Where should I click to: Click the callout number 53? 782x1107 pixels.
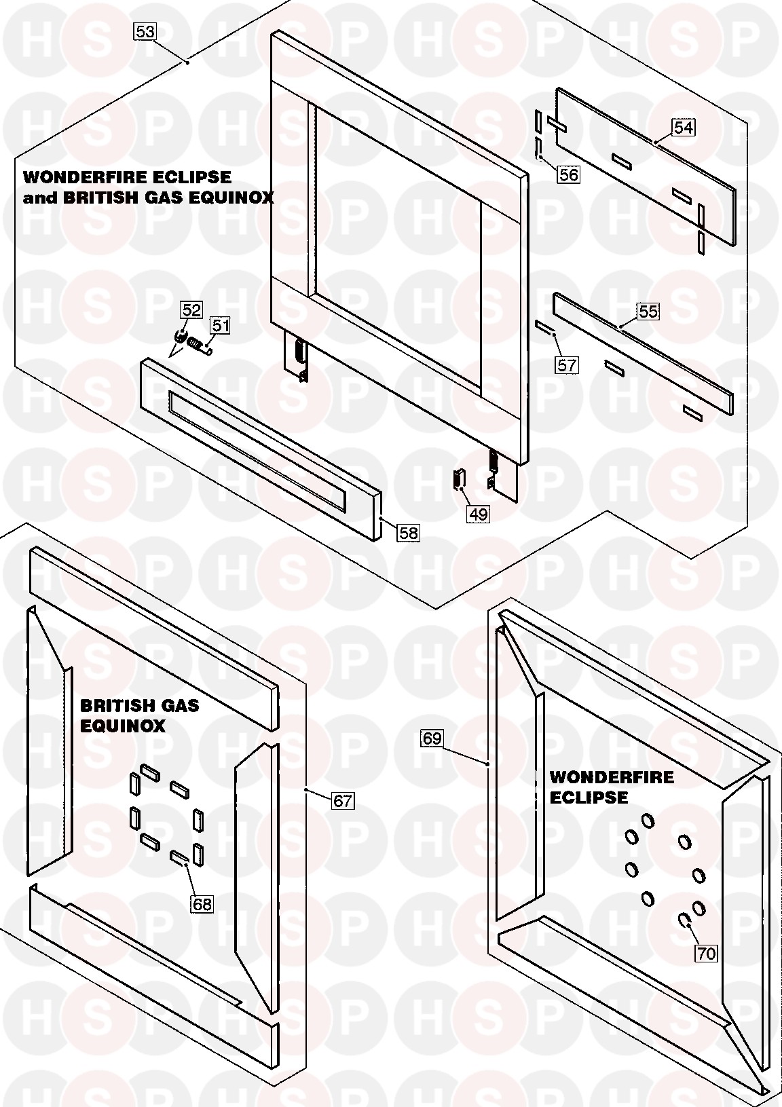click(x=145, y=32)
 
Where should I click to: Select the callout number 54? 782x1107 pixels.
click(x=684, y=127)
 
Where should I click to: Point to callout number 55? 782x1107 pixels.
click(x=648, y=312)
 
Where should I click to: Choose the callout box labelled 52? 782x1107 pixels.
click(x=191, y=310)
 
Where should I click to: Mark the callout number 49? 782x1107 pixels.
click(x=478, y=514)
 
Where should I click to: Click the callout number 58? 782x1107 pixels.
click(x=408, y=533)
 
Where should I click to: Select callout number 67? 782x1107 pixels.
click(x=343, y=800)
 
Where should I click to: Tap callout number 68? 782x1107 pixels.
click(x=202, y=904)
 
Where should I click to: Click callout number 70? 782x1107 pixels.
click(x=706, y=953)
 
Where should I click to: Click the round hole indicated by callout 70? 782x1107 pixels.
click(x=685, y=920)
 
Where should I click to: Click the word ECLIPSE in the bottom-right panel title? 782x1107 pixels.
click(x=589, y=797)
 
